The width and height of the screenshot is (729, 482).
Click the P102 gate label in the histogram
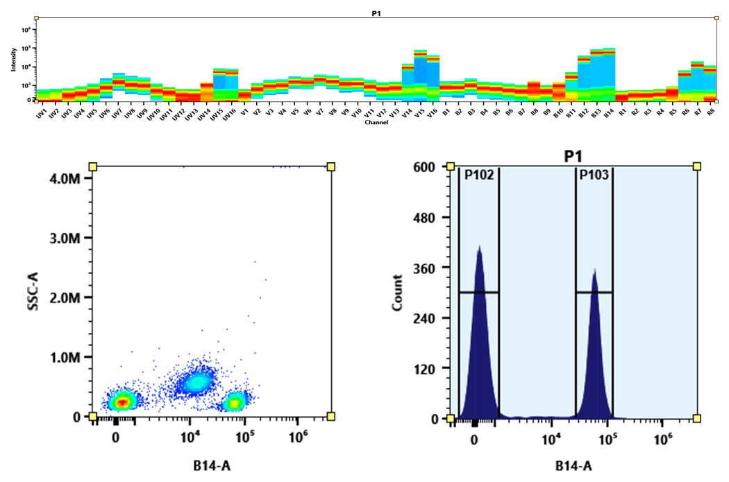tap(479, 175)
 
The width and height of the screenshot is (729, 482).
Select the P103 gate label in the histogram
tap(594, 175)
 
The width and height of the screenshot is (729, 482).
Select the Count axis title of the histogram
tap(398, 292)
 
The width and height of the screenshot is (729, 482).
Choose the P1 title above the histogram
tap(574, 157)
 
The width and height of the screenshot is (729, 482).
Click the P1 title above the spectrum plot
tap(376, 13)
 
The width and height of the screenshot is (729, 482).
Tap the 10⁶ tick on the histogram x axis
tap(664, 440)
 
